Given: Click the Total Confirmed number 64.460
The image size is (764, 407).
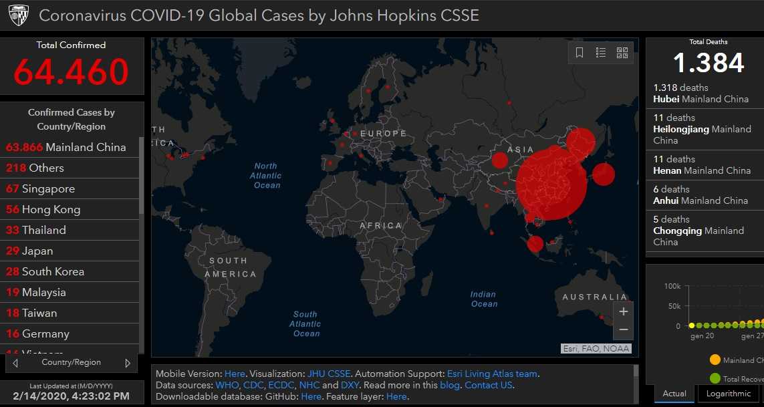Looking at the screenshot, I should (x=71, y=72).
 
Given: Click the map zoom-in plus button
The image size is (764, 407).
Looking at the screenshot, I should (x=623, y=311).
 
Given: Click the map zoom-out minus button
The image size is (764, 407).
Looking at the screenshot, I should (x=623, y=329).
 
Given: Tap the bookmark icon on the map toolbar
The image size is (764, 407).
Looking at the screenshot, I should (x=580, y=53).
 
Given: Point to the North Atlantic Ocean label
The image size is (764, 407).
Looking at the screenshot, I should (x=267, y=176).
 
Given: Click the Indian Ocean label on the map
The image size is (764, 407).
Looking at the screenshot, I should (x=483, y=299).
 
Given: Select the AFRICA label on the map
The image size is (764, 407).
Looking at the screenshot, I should (x=381, y=226).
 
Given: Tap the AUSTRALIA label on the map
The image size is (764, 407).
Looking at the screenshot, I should (x=594, y=297).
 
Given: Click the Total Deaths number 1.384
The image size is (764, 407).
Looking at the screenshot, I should (x=708, y=63).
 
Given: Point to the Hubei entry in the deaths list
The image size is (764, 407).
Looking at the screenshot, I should (x=701, y=94).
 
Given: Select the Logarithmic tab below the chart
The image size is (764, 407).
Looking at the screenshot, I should (x=729, y=394).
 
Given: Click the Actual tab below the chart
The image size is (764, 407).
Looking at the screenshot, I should (x=674, y=394).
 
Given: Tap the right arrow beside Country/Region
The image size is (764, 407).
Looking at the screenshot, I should (x=128, y=363).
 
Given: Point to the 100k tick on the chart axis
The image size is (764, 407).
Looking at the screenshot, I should (x=672, y=286).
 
